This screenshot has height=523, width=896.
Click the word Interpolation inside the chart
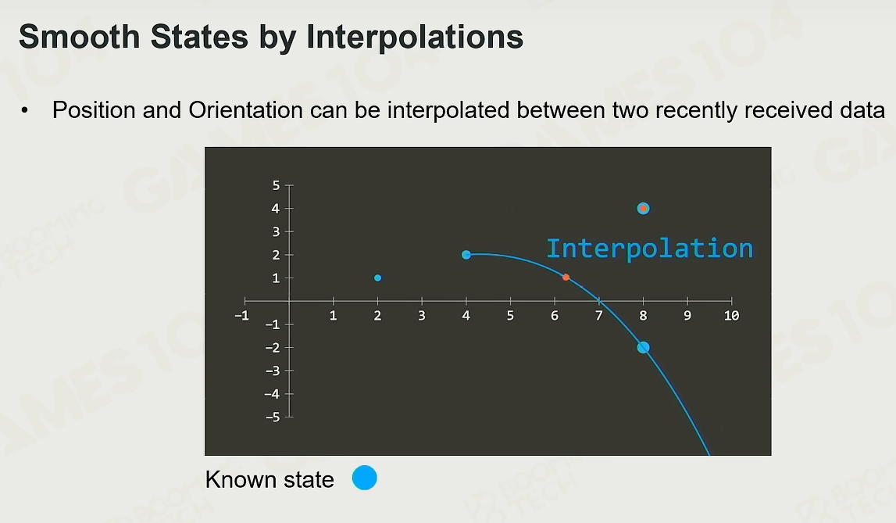pos(650,249)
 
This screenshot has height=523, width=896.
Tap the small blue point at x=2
pos(378,278)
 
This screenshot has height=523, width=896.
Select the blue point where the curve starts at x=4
pos(466,254)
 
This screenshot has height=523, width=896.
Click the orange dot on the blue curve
pos(566,278)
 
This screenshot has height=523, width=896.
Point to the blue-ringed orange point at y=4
pos(644,208)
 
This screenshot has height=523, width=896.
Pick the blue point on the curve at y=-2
pos(644,347)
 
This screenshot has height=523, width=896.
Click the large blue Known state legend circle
pos(365,478)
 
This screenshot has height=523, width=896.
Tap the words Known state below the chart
pos(270,479)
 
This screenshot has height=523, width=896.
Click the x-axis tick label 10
pos(731,316)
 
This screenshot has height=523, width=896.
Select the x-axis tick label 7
pos(599,316)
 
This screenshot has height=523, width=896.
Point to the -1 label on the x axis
pos(241,316)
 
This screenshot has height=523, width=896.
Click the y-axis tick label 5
pos(276,185)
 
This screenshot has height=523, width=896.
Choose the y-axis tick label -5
pos(273,417)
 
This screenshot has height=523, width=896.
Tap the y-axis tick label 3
pos(276,231)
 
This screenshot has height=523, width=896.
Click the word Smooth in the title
pos(80,37)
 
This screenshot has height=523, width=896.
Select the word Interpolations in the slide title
pos(415,38)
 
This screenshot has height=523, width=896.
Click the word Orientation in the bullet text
pos(246,109)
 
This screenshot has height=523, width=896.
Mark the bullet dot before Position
pos(24,109)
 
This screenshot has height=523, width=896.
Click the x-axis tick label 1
pos(333,316)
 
